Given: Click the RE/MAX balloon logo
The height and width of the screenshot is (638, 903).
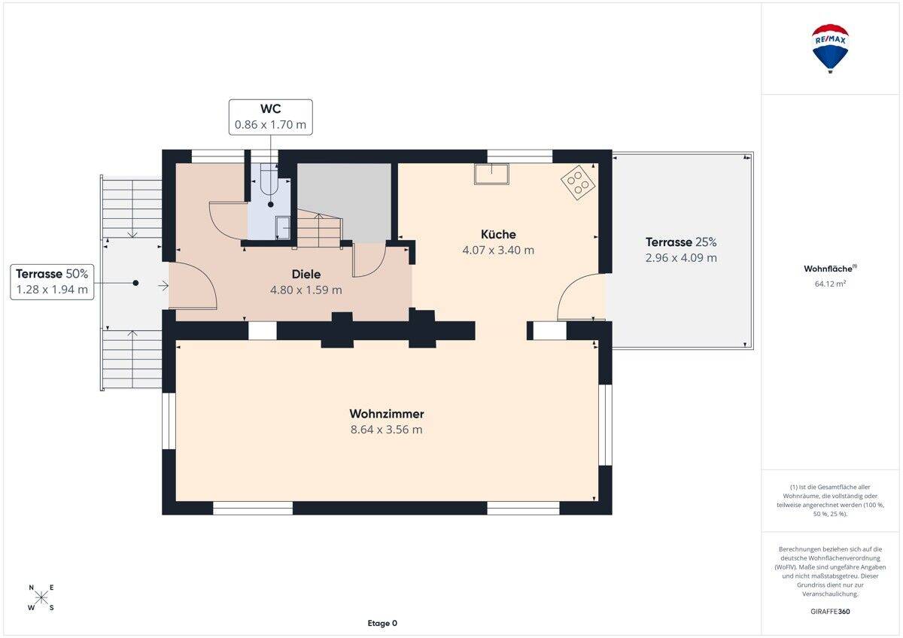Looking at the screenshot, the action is [830, 48].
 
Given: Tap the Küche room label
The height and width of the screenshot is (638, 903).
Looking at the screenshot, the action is [498, 234].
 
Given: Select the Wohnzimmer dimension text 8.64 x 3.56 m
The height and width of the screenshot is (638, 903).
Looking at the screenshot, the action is [386, 430].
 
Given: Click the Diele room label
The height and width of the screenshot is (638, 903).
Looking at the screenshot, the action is [306, 274].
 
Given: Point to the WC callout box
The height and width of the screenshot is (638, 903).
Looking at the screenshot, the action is [270, 117].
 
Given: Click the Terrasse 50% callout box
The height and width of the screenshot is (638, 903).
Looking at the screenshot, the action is [52, 281].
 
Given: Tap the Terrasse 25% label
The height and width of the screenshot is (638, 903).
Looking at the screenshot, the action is [681, 242].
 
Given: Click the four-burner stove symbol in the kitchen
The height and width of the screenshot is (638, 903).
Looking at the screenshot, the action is [578, 182].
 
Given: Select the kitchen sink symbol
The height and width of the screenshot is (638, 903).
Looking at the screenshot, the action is [491, 174].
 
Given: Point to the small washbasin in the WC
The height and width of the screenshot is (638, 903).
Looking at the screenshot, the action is [283, 228].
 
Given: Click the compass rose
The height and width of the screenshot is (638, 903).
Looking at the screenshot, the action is [41, 597].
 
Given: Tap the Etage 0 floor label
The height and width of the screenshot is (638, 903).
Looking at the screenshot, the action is [382, 623].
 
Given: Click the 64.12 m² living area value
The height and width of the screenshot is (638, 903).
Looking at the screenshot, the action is [830, 284].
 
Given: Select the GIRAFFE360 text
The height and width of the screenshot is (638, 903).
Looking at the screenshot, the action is [830, 612].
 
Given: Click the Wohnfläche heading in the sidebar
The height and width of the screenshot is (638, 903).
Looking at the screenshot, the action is [830, 269].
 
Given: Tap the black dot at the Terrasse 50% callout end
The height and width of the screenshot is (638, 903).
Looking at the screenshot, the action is [136, 283].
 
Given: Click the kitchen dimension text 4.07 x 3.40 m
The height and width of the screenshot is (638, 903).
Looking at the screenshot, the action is [498, 250].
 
